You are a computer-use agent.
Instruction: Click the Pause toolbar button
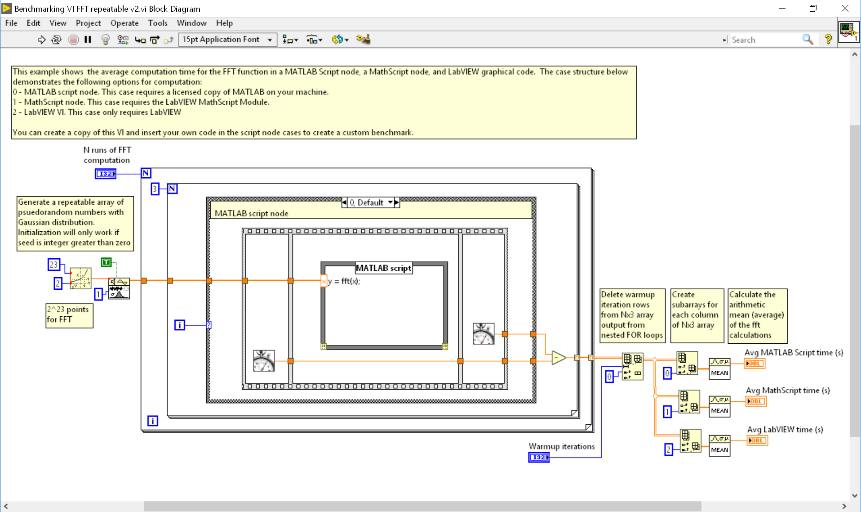88,40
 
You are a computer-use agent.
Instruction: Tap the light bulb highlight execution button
105,40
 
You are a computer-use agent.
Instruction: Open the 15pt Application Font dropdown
227,40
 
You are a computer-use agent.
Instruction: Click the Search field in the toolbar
764,40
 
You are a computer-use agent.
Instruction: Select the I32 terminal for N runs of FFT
106,174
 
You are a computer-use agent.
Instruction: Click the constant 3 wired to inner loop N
155,189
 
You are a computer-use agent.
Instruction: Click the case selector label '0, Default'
367,202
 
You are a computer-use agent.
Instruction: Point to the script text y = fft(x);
344,281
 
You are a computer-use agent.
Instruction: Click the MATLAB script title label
383,268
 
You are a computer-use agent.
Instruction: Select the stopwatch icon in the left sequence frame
264,360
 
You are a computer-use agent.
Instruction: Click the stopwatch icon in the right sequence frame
484,334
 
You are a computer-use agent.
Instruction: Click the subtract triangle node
558,358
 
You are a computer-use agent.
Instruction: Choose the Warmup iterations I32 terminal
539,457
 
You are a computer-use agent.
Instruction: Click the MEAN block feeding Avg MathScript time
719,406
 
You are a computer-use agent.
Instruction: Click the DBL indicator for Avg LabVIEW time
757,440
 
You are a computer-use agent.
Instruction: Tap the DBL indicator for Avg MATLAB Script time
754,364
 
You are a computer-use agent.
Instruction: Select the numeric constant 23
54,265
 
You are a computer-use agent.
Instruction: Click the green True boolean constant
106,262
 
